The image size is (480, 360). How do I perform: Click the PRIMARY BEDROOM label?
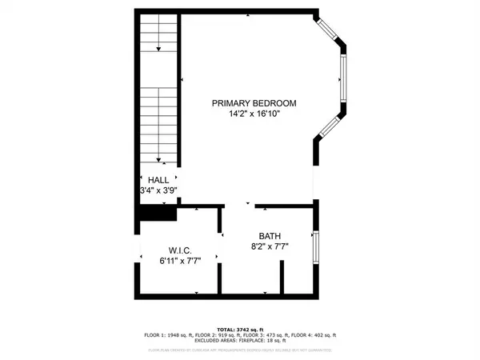(x=254, y=103)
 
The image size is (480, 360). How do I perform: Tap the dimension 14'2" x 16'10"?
(x=254, y=114)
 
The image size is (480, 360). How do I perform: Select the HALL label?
(x=158, y=180)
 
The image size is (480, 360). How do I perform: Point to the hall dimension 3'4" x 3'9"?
(x=158, y=191)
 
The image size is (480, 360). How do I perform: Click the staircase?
(x=158, y=88)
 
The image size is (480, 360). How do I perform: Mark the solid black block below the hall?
(x=153, y=215)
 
